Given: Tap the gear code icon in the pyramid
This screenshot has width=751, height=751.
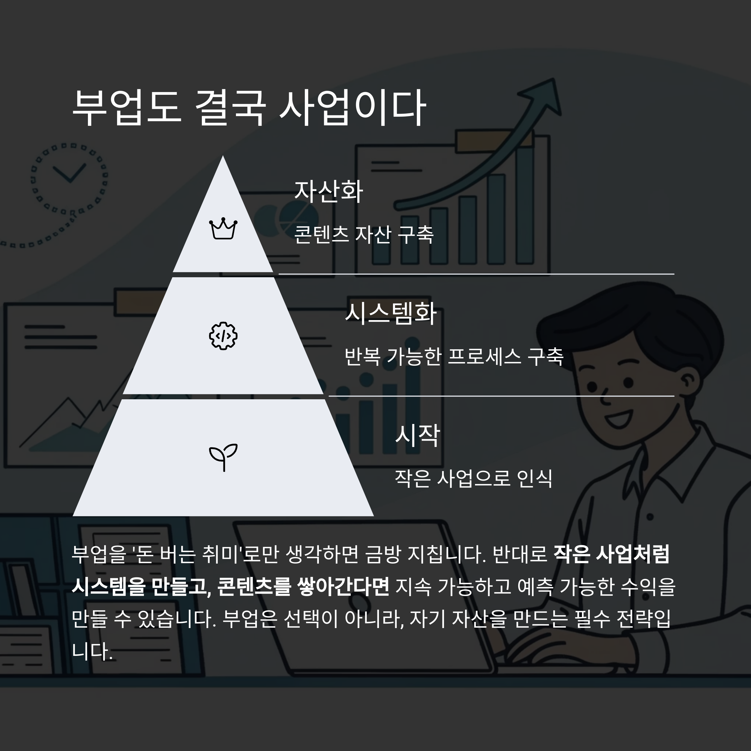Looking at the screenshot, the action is (223, 335).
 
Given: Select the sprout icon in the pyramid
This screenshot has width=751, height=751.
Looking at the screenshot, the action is (223, 457).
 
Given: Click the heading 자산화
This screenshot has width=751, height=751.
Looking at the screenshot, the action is (329, 191).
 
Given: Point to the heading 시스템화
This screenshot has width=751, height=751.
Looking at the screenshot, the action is (391, 313).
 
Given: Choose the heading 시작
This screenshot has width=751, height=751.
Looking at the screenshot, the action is (417, 435).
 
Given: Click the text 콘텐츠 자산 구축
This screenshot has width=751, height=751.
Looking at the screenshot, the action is (363, 234).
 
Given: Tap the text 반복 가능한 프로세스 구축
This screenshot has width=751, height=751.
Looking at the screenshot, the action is (454, 356).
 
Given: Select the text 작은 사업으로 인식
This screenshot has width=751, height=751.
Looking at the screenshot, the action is (473, 478).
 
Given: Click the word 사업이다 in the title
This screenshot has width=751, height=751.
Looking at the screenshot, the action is (353, 107).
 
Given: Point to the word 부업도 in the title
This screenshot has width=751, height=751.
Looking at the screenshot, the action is (127, 107).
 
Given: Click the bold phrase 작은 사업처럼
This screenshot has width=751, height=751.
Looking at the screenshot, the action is (611, 554).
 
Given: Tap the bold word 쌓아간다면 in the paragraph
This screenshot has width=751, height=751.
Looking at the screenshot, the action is (343, 586).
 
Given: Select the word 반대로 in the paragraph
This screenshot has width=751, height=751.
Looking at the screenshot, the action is (520, 554).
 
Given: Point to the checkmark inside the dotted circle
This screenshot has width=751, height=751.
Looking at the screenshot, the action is (69, 173).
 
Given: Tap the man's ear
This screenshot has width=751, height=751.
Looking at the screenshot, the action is (688, 383).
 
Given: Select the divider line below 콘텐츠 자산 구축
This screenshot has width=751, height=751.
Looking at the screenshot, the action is (476, 274).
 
